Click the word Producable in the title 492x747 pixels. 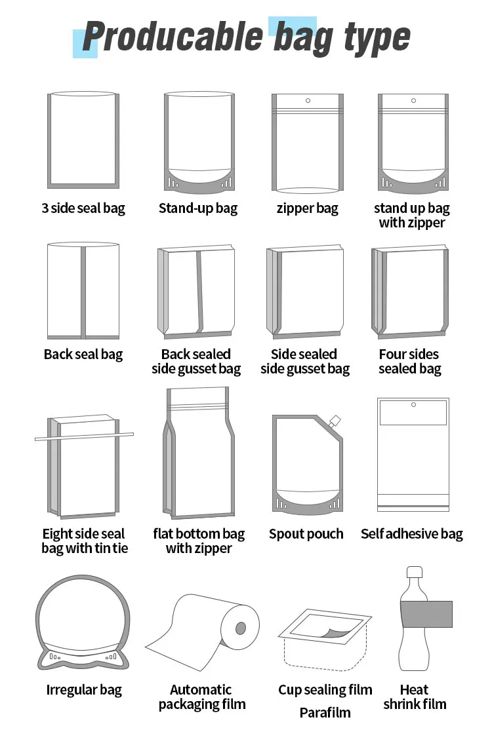pos(173,37)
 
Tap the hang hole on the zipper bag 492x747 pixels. pos(308,100)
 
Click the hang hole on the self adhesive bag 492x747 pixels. pos(413,404)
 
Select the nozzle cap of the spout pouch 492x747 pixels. pos(335,421)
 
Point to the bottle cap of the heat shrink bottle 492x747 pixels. pos(415,572)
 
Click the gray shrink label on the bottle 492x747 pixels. pos(426,613)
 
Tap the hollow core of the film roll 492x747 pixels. pos(241,628)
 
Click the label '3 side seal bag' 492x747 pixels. pos(83,208)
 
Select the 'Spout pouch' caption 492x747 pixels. pos(306,534)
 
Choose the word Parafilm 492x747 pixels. pos(325,713)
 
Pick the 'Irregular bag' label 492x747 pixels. pos(84,690)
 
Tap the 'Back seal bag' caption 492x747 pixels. pos(83,354)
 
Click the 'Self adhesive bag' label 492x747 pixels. pos(412,534)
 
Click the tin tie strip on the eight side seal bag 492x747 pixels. pos(84,436)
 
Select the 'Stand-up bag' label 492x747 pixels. pos(198,208)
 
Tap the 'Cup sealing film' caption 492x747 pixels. pos(325,690)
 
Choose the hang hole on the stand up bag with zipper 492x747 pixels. pos(413,100)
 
